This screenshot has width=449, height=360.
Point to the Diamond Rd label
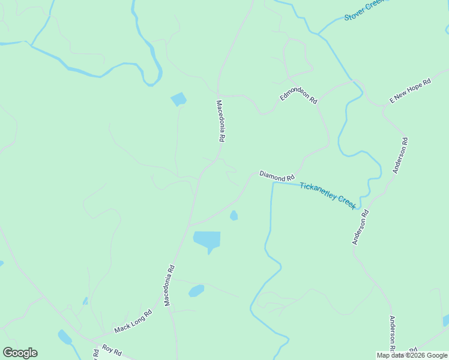click(277, 176)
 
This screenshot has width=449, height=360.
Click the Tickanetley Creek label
click(328, 195)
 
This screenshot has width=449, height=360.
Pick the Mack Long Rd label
click(133, 322)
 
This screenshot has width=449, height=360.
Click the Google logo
click(20, 353)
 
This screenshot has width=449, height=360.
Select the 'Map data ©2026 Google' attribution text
click(412, 355)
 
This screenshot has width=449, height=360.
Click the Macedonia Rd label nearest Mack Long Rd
click(170, 286)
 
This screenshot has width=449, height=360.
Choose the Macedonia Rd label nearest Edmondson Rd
click(220, 121)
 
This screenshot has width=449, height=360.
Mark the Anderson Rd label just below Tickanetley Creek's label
click(360, 227)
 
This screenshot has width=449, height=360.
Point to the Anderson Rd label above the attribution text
click(392, 334)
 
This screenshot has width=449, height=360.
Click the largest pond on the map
click(207, 240)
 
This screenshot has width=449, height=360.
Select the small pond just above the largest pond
click(234, 215)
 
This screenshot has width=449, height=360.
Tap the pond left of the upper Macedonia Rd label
click(178, 99)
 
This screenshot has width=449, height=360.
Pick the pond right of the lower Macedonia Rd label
click(196, 291)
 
